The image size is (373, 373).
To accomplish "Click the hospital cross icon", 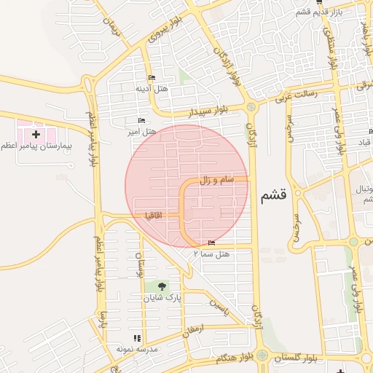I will tap(36, 134).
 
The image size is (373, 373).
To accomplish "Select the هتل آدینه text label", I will tap(152, 88).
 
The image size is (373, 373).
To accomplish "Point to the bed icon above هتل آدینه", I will tap(152, 77).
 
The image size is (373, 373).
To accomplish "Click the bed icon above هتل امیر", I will tap(141, 120).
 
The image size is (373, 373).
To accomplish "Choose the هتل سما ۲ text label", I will tap(211, 254).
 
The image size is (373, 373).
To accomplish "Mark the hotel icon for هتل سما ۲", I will tap(211, 243).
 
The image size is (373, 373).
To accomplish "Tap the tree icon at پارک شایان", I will tap(160, 286).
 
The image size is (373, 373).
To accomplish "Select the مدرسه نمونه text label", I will tap(136, 349).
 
